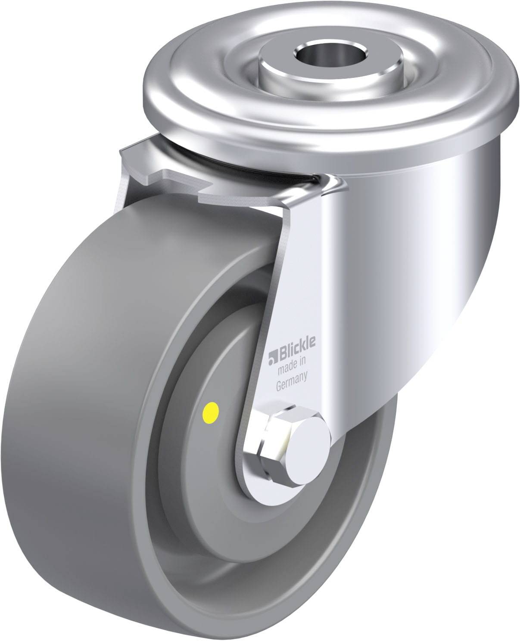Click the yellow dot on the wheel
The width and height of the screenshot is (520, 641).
coord(212,412)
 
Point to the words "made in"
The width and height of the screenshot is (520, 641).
coord(292,366)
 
